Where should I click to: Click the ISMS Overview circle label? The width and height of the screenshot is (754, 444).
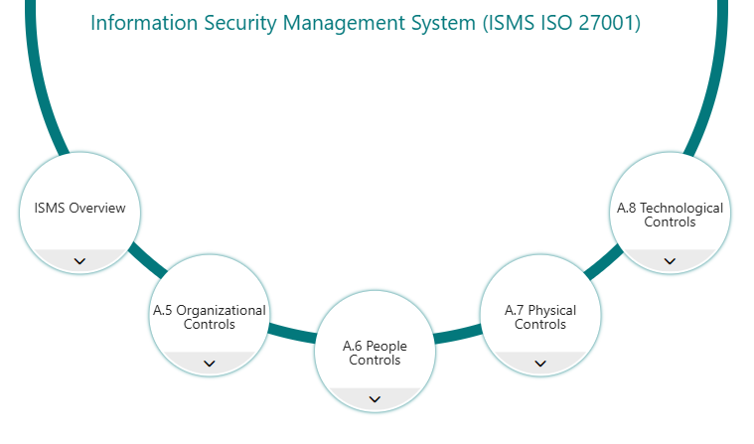(79, 208)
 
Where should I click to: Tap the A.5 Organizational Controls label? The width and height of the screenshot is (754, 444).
(210, 317)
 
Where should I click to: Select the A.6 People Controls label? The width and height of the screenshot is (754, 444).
(375, 353)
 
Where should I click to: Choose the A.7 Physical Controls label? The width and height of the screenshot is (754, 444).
(540, 317)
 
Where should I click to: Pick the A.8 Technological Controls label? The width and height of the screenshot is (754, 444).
(670, 215)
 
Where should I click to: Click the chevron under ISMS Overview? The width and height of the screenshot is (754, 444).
(79, 261)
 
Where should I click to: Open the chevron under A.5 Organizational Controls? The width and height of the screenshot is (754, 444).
(210, 364)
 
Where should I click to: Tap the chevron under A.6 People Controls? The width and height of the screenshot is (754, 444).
(375, 399)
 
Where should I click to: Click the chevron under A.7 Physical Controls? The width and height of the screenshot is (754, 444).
(540, 364)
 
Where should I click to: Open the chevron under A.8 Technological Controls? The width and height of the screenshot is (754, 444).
(670, 261)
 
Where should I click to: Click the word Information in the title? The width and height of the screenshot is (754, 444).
(144, 23)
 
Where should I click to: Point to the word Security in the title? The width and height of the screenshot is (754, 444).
(240, 24)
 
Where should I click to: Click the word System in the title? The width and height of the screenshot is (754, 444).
(449, 24)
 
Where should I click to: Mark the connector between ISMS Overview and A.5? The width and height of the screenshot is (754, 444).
(148, 260)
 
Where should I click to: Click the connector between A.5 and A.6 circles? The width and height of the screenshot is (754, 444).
(292, 333)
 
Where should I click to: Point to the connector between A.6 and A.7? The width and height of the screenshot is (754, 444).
(457, 334)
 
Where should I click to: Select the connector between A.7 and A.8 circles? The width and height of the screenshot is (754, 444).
(603, 262)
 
